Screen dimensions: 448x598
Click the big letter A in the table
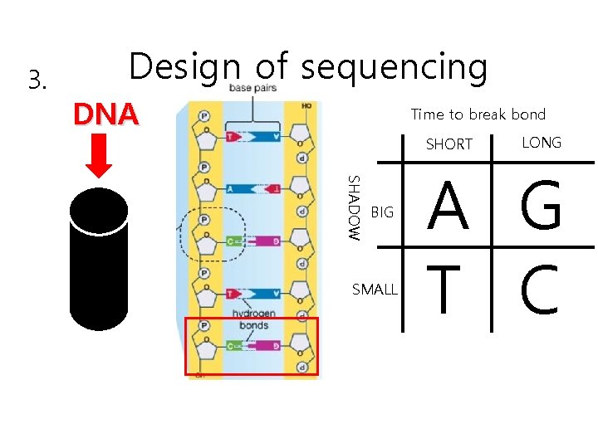(448, 209)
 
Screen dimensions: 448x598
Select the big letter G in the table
(541, 209)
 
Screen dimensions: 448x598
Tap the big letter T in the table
(447, 289)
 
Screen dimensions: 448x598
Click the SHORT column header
(448, 144)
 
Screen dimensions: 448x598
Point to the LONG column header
(541, 143)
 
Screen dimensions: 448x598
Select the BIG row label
(382, 213)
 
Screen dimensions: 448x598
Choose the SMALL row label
(375, 290)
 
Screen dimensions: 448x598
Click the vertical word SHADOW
(353, 207)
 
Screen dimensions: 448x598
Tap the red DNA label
(105, 114)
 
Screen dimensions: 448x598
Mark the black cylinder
(99, 261)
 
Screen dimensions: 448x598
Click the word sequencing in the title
(394, 67)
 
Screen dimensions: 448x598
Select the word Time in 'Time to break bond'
(428, 114)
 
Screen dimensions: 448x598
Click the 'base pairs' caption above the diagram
(252, 88)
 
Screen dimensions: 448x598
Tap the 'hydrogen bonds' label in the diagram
(253, 319)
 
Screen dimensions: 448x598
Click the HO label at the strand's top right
(306, 106)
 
